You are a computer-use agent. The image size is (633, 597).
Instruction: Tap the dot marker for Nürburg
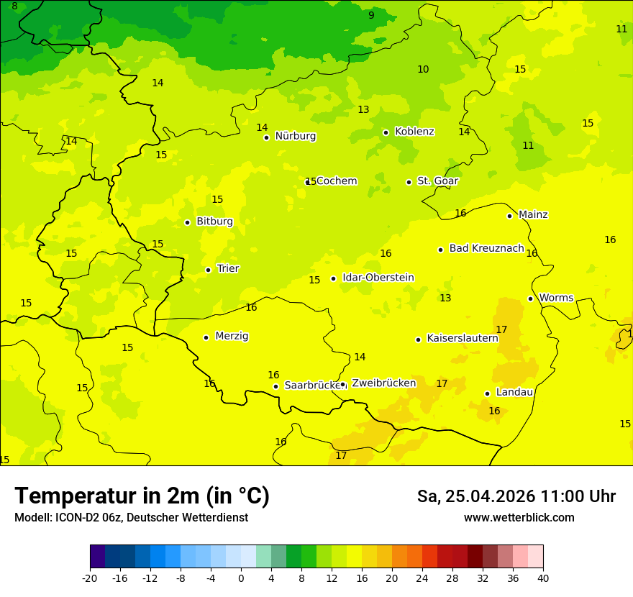pyautogui.click(x=266, y=137)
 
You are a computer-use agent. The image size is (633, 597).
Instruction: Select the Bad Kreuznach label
pyautogui.click(x=486, y=248)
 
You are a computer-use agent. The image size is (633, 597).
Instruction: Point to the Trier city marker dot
pyautogui.click(x=208, y=270)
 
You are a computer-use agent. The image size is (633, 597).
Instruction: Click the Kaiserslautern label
pyautogui.click(x=462, y=338)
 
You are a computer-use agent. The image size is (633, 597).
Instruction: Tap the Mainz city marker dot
pyautogui.click(x=509, y=216)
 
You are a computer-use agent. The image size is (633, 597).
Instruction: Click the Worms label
pyautogui.click(x=555, y=298)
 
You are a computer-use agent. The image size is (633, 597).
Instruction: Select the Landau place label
pyautogui.click(x=514, y=392)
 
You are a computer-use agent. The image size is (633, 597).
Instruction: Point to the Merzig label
pyautogui.click(x=232, y=336)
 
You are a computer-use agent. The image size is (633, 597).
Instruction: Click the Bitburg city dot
pyautogui.click(x=187, y=222)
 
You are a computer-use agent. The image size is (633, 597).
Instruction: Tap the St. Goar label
pyautogui.click(x=437, y=181)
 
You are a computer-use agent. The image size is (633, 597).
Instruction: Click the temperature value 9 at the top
pyautogui.click(x=371, y=15)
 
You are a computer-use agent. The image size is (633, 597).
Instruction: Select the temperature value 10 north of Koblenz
pyautogui.click(x=423, y=69)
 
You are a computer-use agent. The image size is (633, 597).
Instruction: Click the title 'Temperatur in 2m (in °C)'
pyautogui.click(x=142, y=496)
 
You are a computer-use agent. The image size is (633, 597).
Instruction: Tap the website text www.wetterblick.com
pyautogui.click(x=519, y=517)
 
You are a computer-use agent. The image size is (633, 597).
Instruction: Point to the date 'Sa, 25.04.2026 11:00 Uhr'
pyautogui.click(x=516, y=496)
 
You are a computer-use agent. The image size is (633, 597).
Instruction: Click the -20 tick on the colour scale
pyautogui.click(x=90, y=578)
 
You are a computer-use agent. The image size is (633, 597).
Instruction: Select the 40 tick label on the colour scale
pyautogui.click(x=543, y=578)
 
